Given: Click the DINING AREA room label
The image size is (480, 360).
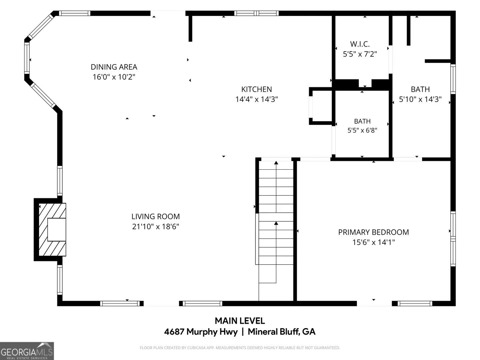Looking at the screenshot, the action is (x=114, y=67).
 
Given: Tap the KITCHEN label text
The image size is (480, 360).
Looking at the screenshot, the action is (x=257, y=89).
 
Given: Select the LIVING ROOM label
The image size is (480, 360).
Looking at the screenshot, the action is (x=155, y=216).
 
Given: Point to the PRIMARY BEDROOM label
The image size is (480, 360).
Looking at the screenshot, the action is (x=374, y=232).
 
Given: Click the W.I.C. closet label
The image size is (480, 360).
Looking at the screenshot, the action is (x=360, y=44).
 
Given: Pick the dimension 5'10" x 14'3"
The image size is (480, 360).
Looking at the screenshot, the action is (x=420, y=99).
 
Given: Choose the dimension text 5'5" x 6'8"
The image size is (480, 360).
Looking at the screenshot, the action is (x=362, y=130).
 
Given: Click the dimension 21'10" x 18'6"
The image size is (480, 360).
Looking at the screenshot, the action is (x=155, y=226).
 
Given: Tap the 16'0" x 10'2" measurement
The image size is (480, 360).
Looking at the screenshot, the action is (x=114, y=77).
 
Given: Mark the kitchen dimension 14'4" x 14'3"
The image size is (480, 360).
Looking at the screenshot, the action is (x=257, y=99).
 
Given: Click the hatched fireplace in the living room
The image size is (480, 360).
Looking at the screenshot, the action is (x=52, y=230).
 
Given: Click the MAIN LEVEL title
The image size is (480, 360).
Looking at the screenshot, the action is (x=240, y=321).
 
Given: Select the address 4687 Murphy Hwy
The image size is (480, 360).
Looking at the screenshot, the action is (x=201, y=332).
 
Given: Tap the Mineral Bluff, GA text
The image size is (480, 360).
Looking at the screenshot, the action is (x=281, y=332).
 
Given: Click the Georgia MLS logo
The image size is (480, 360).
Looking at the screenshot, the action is (x=27, y=351).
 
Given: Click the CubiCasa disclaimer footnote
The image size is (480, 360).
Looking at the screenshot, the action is (x=240, y=348).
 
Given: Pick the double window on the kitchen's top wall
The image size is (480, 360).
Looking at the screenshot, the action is (x=256, y=13).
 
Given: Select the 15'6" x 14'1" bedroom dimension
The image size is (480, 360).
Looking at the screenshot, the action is (x=374, y=242).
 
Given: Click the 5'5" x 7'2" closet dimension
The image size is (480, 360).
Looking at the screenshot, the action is (x=360, y=54).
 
